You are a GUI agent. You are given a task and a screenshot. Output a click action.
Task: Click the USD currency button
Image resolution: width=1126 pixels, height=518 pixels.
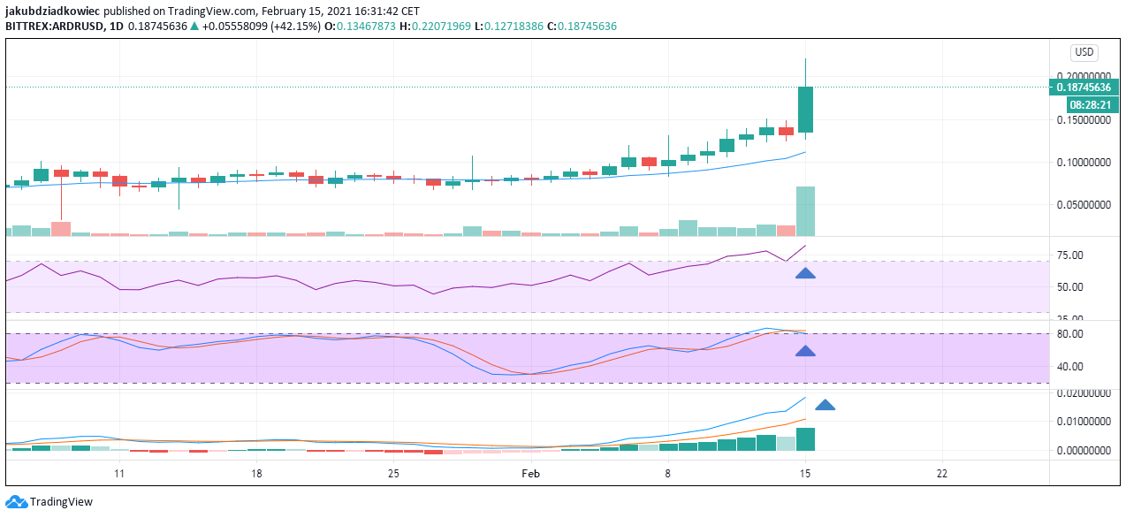tap(1084, 52)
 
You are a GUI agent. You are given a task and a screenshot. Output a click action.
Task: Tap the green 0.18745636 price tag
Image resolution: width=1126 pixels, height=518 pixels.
tap(1084, 88)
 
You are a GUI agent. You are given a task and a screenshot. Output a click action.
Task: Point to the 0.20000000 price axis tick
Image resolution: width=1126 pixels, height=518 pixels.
tap(1084, 77)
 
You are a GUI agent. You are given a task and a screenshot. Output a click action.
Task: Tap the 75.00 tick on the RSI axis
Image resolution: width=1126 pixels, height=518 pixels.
tap(1070, 256)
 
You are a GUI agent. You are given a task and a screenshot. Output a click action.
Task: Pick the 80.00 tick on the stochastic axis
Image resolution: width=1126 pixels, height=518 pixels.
tap(1070, 334)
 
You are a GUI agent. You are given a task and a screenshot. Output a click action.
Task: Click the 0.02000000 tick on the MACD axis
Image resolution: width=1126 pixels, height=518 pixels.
tap(1084, 393)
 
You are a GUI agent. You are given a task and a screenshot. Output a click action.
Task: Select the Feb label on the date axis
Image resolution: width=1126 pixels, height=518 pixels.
tap(530, 474)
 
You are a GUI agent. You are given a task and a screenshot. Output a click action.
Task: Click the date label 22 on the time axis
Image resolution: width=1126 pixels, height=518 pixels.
tap(942, 474)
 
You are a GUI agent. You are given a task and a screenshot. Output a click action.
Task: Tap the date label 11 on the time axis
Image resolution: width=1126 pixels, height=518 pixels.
tap(118, 474)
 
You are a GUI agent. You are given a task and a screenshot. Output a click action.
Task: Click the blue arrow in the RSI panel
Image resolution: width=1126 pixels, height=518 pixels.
tap(805, 273)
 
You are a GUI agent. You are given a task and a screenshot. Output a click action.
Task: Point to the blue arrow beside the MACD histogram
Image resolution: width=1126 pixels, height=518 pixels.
tap(825, 405)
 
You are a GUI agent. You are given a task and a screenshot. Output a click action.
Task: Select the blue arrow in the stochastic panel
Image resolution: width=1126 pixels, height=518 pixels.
tap(805, 351)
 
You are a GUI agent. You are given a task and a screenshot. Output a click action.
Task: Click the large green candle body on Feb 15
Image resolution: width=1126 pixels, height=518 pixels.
tap(805, 110)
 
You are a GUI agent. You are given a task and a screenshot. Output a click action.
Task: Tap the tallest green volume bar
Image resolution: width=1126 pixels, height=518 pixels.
tap(805, 211)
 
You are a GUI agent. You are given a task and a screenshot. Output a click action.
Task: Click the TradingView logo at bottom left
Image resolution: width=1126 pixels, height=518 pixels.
tap(49, 502)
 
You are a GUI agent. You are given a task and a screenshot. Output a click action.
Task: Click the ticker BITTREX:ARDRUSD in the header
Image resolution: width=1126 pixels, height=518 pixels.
tap(55, 27)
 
